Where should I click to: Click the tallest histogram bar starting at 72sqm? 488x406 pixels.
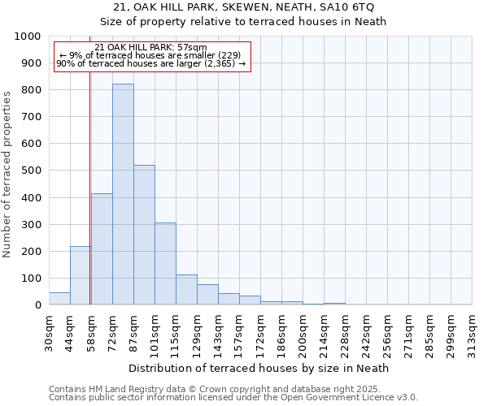(123, 195)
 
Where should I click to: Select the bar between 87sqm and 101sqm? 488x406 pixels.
(144, 235)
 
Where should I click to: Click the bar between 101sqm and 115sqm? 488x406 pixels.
(165, 264)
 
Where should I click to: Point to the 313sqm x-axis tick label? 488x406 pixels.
(472, 332)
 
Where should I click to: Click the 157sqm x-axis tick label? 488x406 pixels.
(239, 332)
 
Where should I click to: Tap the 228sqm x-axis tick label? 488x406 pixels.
(345, 332)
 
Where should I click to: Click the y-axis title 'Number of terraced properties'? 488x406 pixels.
(7, 174)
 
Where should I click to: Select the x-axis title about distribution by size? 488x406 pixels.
(259, 368)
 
